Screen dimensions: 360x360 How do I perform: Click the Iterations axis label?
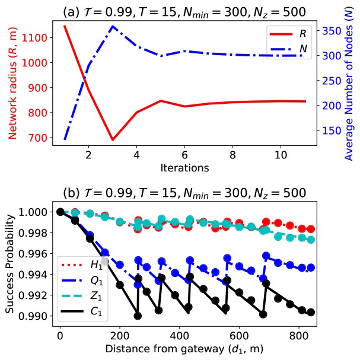(184, 168)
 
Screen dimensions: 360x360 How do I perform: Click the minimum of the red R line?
(113, 140)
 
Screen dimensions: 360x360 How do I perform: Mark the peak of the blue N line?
(113, 26)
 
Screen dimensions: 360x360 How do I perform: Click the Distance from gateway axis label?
(184, 349)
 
